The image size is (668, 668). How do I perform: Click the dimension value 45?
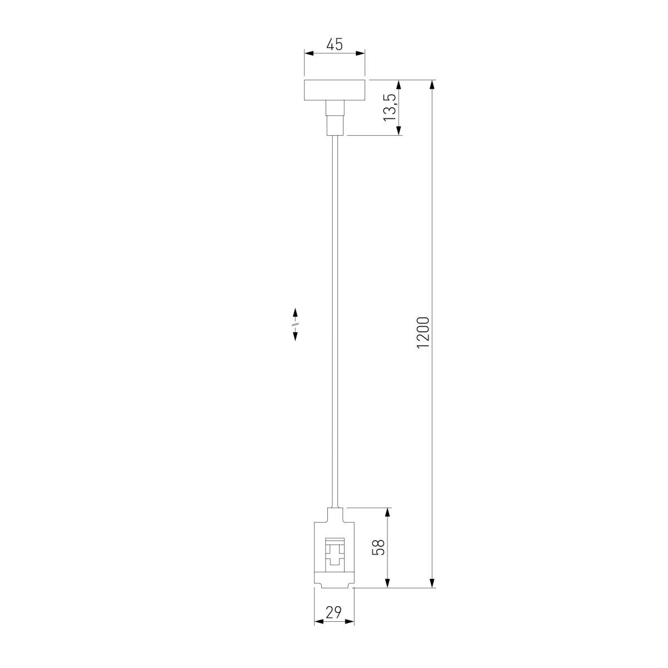[x=335, y=45]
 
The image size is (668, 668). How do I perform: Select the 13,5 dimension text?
[x=390, y=108]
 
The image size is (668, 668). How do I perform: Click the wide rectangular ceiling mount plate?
[x=335, y=90]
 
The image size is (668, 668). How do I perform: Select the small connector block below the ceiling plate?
[x=335, y=118]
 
